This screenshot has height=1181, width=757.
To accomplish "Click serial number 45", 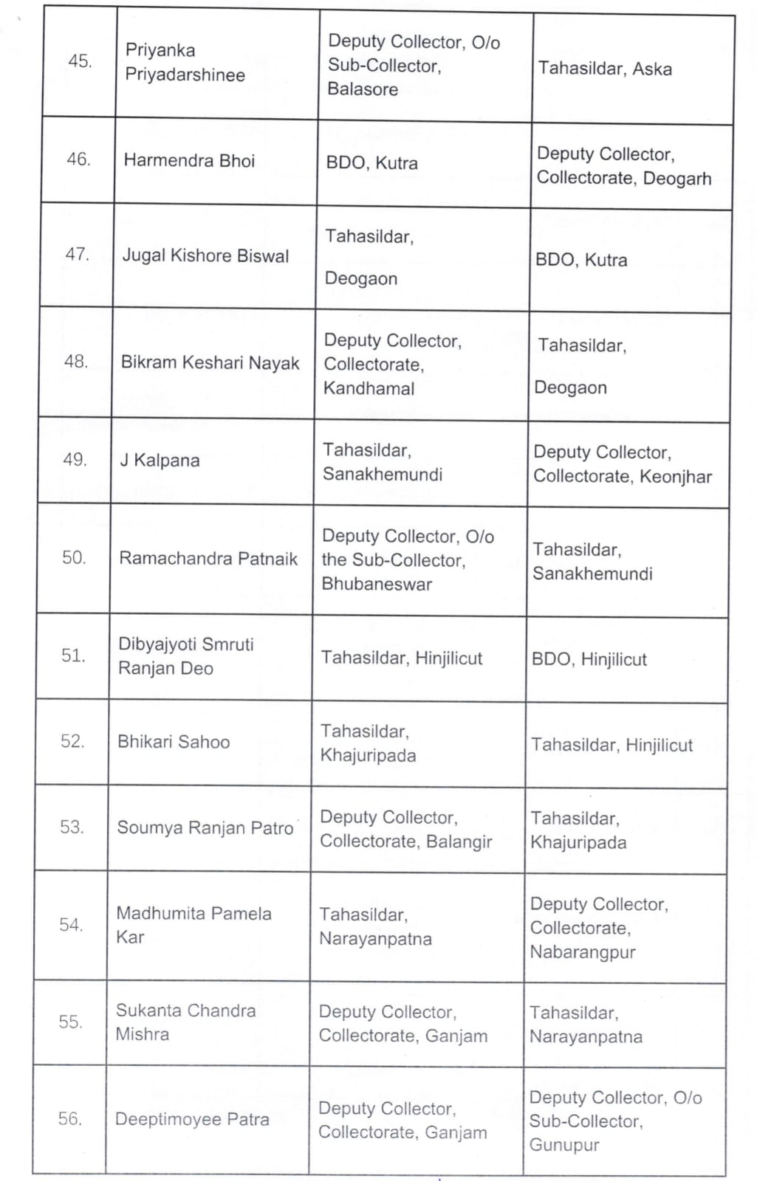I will pos(80,61).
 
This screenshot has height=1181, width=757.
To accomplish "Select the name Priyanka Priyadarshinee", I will pos(185,63).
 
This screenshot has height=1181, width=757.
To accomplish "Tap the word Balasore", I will pos(363,89).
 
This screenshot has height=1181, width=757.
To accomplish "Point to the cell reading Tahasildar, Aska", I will pos(605,69).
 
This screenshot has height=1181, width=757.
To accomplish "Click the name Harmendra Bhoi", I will pos(189,161).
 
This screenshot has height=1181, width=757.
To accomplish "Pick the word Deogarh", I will pos(677,179).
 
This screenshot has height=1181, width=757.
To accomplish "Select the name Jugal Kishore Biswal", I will pos(205,256).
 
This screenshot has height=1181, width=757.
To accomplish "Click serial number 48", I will pos(76,362).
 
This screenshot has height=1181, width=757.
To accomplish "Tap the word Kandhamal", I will pos(369,388).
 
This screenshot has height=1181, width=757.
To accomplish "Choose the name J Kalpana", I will pos(160,461).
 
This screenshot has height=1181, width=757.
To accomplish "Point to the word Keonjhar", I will pos(676,477).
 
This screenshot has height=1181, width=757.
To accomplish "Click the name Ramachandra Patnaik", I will pos(208,559).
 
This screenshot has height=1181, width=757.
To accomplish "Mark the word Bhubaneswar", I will pos(377,585).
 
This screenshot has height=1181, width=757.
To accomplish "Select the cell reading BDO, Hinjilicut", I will pos(589,659).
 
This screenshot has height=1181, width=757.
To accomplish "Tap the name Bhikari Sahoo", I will pos(174,743).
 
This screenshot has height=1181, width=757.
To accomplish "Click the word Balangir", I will pos(459,842).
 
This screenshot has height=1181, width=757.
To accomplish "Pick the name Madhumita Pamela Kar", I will pos(193,925).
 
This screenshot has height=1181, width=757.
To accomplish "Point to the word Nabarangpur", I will pos(583,952).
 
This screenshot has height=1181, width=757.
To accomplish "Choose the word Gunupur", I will pos(564,1146).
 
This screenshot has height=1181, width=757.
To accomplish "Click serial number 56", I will pos(69,1119).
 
